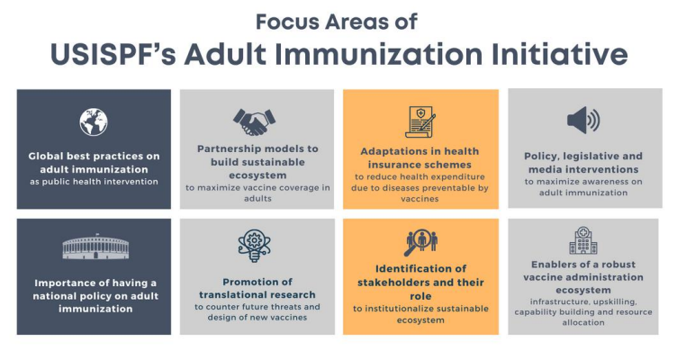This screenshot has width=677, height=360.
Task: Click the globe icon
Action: click(x=94, y=121)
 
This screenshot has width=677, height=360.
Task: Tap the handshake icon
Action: click(x=254, y=121)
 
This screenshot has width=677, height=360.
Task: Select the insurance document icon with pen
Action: click(x=420, y=122)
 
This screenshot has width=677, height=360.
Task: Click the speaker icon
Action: click(x=583, y=120)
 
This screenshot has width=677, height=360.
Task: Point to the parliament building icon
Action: click(x=95, y=247)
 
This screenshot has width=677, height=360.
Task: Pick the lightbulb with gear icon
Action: click(x=255, y=246)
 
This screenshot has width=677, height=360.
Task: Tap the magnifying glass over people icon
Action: click(x=420, y=243)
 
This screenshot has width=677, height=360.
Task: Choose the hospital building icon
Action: click(x=583, y=240)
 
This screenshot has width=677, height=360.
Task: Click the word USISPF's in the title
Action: click(x=113, y=54)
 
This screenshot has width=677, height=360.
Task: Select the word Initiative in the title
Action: click(x=560, y=54)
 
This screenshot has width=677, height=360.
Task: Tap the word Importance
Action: click(x=63, y=283)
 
